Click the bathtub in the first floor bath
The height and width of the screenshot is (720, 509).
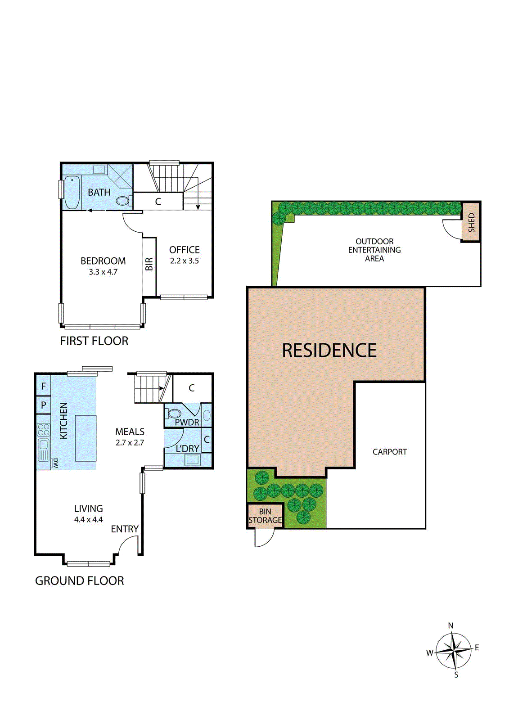point(72,193)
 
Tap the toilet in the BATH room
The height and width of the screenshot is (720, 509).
point(122,201)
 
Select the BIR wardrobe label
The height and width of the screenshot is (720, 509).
point(149,264)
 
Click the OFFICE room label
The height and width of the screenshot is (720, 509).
point(185,250)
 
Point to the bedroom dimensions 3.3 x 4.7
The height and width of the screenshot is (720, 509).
point(103,272)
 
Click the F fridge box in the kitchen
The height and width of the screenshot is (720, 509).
point(44,386)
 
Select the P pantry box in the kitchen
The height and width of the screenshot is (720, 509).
point(44,405)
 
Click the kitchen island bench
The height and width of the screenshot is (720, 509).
point(86,438)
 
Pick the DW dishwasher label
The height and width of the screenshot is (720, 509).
point(56,463)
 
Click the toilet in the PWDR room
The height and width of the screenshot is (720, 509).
point(174,414)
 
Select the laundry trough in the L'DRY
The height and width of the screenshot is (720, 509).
point(193,459)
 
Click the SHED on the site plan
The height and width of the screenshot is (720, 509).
point(471,222)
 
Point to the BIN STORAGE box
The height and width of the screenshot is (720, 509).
point(265,516)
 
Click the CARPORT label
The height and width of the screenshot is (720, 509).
point(390,452)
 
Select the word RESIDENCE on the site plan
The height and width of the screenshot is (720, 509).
point(329,351)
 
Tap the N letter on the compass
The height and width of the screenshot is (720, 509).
point(451,625)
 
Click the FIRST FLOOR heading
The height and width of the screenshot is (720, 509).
point(94,341)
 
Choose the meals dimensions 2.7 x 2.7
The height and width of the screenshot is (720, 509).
point(130,443)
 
